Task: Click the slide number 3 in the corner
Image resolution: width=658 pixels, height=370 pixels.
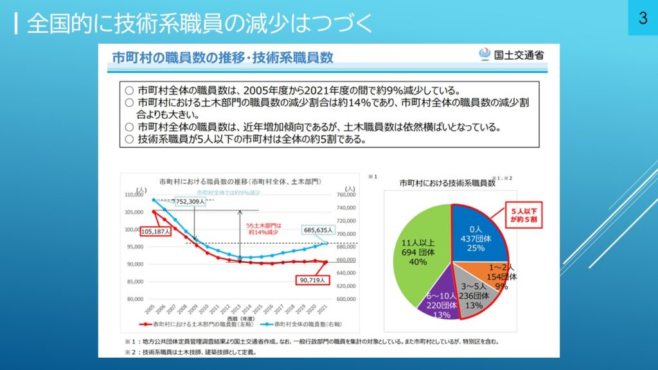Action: (x=642, y=18)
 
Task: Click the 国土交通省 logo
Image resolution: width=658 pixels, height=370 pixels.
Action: (x=511, y=55)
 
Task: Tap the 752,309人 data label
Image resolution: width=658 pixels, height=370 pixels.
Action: (x=188, y=201)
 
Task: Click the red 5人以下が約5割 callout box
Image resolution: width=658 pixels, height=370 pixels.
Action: (x=523, y=215)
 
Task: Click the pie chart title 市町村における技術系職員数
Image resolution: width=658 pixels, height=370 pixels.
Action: (x=447, y=183)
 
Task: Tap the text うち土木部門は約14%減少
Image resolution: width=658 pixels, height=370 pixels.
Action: (x=264, y=229)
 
